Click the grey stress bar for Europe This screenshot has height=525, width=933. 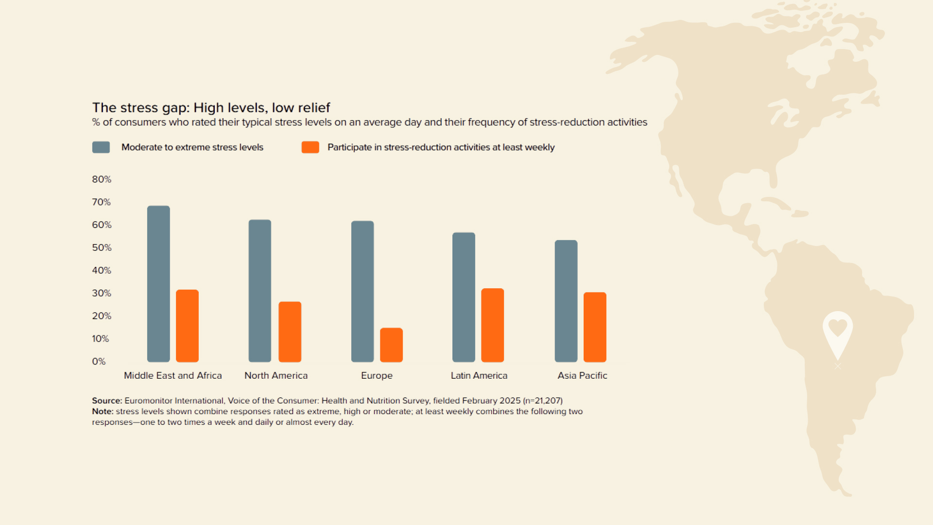pos(363,292)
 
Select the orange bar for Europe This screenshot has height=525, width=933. pos(391,345)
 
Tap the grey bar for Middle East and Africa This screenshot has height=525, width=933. pos(158,284)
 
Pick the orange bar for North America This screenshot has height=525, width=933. pos(290,332)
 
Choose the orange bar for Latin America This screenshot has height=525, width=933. pos(492,325)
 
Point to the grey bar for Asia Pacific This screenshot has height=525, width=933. pos(566,301)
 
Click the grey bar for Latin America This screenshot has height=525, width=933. pos(464,297)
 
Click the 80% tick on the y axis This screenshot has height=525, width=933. pos(102,179)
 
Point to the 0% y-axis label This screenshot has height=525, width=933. pos(99,362)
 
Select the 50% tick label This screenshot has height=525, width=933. pos(102,248)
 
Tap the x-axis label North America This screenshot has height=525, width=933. pos(276,376)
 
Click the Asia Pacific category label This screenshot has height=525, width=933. pos(582,376)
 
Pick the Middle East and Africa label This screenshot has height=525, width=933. pos(173,376)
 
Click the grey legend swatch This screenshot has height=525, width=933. pos(101,147)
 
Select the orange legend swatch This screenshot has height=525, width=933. pos(310,147)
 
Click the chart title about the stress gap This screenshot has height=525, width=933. pos(211,107)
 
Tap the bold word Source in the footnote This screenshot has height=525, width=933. pos(107,401)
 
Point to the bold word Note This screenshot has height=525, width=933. pos(103,411)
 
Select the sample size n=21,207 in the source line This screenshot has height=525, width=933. pos(543,401)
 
